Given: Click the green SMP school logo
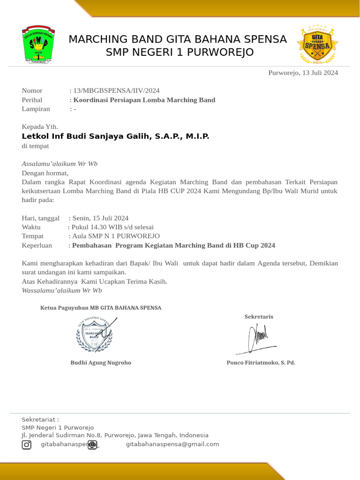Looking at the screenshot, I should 38,45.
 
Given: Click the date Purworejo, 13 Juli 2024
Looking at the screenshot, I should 303,73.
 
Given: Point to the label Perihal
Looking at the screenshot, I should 32,100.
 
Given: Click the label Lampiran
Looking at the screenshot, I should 36,109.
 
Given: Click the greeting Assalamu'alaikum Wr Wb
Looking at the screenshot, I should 60,164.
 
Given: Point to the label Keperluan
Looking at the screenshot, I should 37,245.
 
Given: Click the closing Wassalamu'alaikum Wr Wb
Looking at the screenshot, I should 62,290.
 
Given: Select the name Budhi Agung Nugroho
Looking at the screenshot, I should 101,362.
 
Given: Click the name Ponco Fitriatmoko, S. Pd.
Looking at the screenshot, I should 261,362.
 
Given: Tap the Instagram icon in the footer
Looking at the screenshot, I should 27,444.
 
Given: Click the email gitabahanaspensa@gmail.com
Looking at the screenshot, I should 172,444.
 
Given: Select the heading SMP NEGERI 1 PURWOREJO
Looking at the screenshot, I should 180,52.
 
